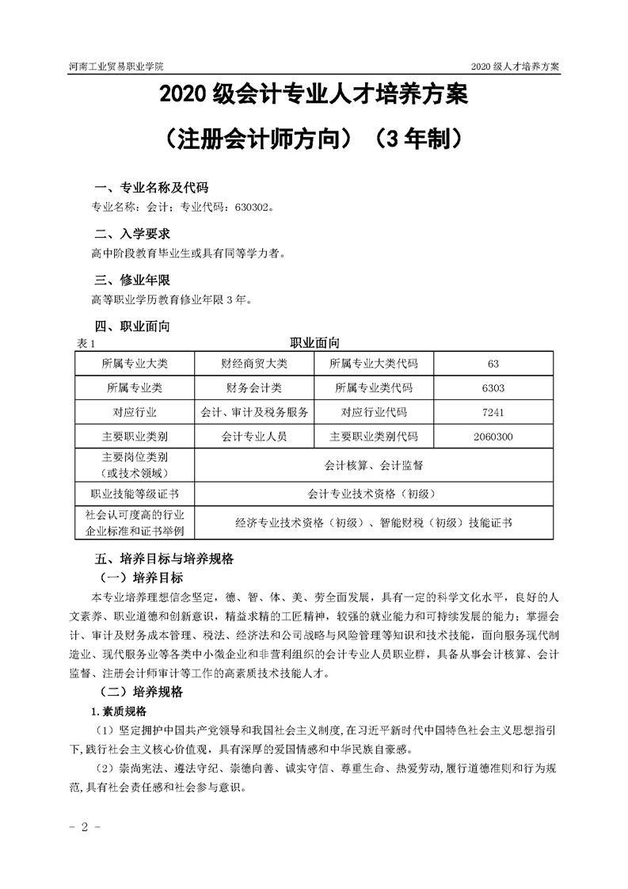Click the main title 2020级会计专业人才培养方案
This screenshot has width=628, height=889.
pos(314,97)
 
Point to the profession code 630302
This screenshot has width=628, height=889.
pos(253,208)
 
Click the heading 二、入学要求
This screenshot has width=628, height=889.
pos(132,235)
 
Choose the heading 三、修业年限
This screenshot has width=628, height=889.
pos(132,280)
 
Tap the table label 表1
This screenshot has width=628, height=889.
pos(84,344)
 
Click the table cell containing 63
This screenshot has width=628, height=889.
pos(493,364)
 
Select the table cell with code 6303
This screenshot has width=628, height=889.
pos(493,388)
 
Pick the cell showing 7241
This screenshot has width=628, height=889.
pos(493,412)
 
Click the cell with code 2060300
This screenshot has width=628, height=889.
pos(493,437)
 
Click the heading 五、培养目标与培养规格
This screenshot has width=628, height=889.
pos(164,558)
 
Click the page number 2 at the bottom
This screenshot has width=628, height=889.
pos(82,826)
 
